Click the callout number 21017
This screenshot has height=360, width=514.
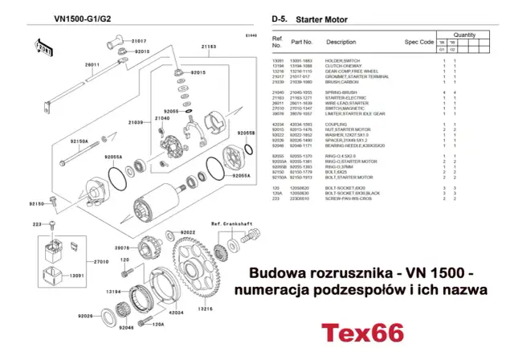140,39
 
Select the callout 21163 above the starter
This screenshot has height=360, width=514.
207,47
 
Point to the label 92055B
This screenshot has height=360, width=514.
245,133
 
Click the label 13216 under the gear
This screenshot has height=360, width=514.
207,309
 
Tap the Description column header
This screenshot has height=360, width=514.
341,42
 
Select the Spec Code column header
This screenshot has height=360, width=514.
419,42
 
